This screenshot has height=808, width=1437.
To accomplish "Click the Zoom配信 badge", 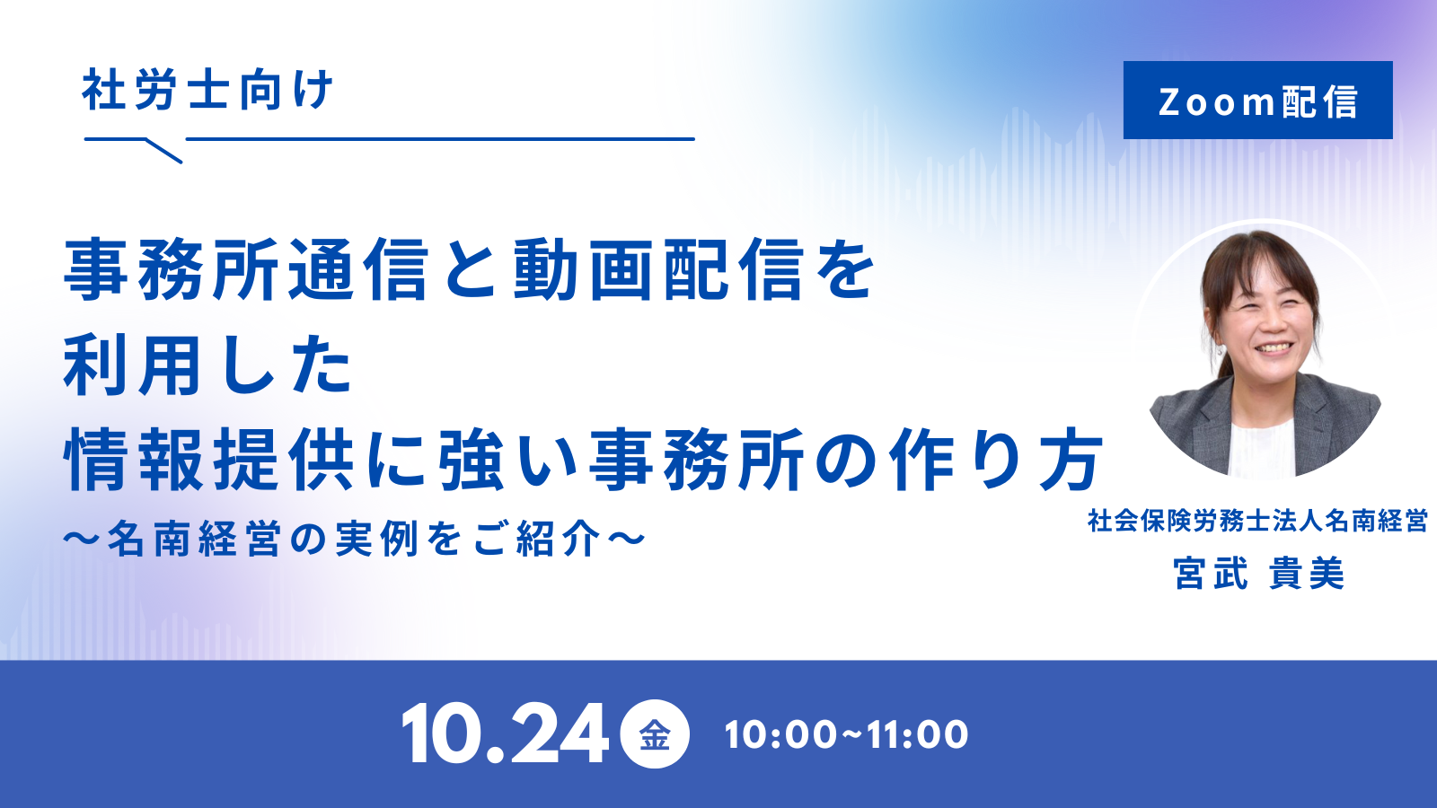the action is pyautogui.click(x=1257, y=100).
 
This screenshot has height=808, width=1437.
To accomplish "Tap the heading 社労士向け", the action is pyautogui.click(x=207, y=89).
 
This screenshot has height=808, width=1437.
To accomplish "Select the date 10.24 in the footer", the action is pyautogui.click(x=505, y=733).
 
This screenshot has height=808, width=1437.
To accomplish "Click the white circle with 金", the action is pyautogui.click(x=655, y=733).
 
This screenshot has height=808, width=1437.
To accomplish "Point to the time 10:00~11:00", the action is pyautogui.click(x=846, y=734).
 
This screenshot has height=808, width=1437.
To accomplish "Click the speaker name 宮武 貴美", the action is pyautogui.click(x=1258, y=573).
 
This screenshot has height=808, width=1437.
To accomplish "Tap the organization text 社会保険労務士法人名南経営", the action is pyautogui.click(x=1257, y=521).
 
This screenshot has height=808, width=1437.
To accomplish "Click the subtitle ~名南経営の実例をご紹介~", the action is pyautogui.click(x=354, y=538).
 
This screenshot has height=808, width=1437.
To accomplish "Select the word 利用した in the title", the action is pyautogui.click(x=207, y=365).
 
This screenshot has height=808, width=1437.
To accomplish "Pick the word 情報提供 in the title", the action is pyautogui.click(x=208, y=459).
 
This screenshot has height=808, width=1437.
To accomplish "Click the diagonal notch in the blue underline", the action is pyautogui.click(x=165, y=151).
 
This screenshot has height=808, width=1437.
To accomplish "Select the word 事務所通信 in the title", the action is pyautogui.click(x=246, y=269).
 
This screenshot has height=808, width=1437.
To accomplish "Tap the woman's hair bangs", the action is pyautogui.click(x=1257, y=263).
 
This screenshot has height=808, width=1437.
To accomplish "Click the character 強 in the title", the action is pyautogui.click(x=471, y=459).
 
